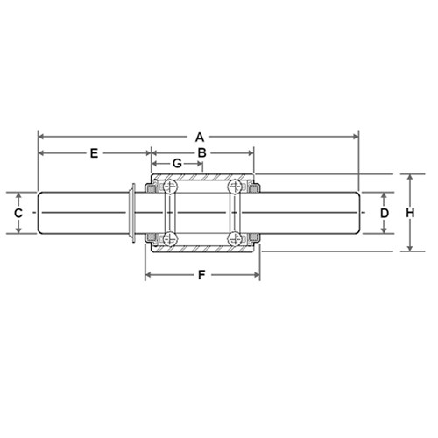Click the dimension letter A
[x=200, y=137]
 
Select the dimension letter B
[x=202, y=152]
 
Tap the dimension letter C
[x=18, y=214]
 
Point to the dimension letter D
[x=385, y=214]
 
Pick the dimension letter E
[x=94, y=153]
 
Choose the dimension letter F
[x=201, y=275]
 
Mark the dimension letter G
[x=177, y=163]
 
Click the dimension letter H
[x=410, y=213]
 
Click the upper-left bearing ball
[x=170, y=187]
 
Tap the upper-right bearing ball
[x=235, y=187]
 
